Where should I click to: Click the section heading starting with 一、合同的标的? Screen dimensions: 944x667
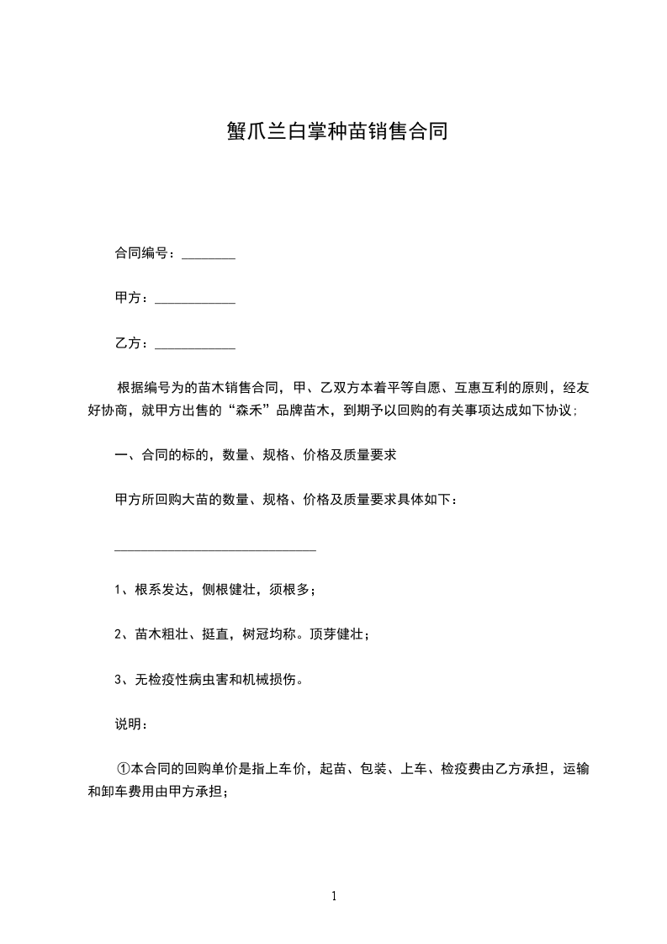tap(255, 456)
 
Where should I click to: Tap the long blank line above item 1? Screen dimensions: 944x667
tap(214, 549)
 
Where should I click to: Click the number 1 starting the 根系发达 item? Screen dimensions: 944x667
tap(118, 590)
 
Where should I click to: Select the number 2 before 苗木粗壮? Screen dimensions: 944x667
tap(118, 635)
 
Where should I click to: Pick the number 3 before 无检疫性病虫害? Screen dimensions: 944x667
tap(118, 680)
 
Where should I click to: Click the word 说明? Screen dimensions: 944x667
tap(128, 724)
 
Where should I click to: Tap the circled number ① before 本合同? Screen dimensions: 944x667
tap(124, 769)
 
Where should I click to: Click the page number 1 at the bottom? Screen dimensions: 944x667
tap(334, 897)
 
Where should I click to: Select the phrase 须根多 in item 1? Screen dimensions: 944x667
tap(291, 590)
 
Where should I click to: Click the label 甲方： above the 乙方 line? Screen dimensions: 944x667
tap(131, 299)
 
